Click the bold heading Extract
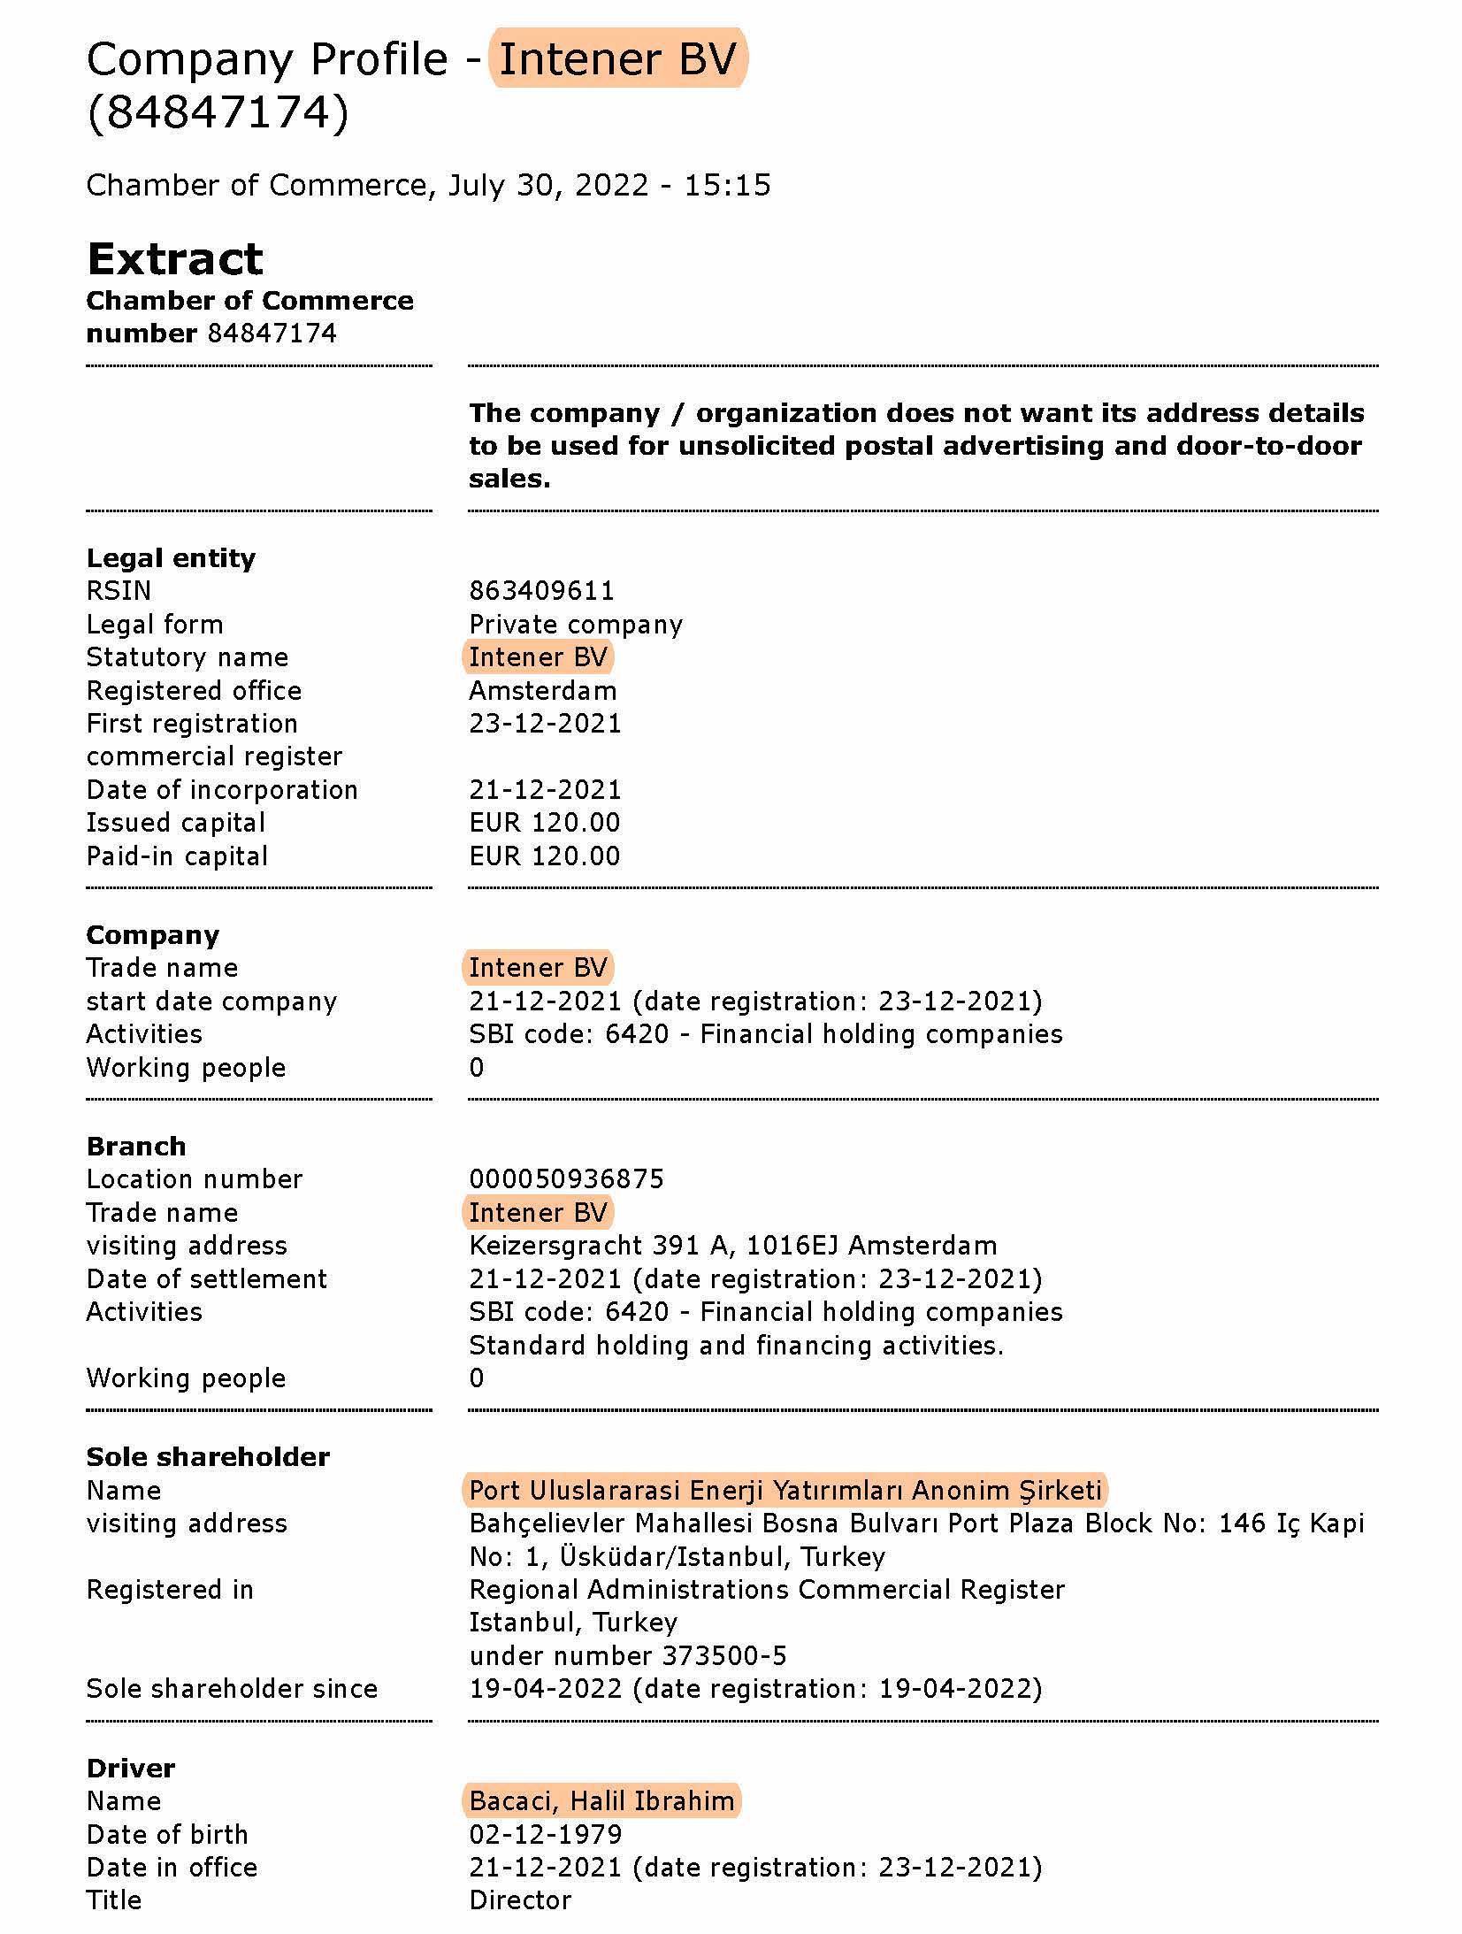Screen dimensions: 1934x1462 175,259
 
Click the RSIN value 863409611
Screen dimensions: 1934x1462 541,590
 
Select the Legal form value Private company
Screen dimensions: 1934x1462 576,624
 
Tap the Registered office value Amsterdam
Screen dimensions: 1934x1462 542,690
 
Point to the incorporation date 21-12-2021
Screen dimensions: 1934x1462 545,789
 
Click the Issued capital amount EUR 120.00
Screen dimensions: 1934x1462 544,822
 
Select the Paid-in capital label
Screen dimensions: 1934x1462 177,856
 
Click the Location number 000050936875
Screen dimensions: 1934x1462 566,1178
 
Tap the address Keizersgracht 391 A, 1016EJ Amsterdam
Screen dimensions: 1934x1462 732,1245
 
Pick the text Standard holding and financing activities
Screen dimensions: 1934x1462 736,1345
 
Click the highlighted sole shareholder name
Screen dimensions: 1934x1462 785,1490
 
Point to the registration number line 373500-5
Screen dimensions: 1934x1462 628,1655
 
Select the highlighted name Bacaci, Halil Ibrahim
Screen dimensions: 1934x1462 601,1800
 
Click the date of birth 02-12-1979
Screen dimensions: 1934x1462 545,1834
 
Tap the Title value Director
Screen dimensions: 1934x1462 520,1899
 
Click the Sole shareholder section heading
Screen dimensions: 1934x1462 208,1456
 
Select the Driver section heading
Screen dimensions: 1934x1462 131,1768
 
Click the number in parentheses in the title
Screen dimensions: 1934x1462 218,112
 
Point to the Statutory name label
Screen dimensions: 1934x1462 188,657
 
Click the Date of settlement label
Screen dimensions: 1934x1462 207,1278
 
